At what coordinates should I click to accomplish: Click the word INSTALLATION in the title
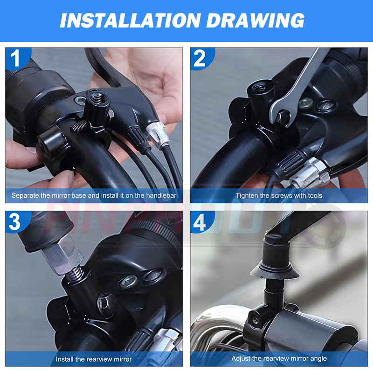tap(131, 21)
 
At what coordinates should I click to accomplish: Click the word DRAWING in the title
tap(255, 21)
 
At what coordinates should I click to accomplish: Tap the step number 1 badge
tap(17, 58)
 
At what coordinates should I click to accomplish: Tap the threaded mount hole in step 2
tap(262, 88)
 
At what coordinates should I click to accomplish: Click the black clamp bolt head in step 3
tap(104, 304)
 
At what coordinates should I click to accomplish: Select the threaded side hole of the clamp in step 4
tap(255, 318)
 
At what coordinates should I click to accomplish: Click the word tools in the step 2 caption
tap(315, 195)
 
